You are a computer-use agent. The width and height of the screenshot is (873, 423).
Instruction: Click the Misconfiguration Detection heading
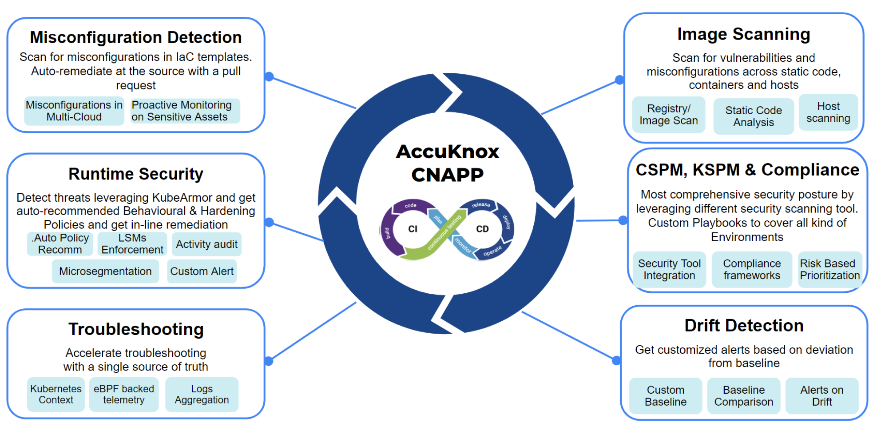[x=135, y=37]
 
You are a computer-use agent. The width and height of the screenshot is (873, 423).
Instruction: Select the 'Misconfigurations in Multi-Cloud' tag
[x=74, y=111]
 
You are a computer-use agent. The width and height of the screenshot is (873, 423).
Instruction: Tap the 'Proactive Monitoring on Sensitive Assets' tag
[x=182, y=111]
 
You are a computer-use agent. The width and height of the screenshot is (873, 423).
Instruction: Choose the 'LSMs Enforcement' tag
[x=132, y=244]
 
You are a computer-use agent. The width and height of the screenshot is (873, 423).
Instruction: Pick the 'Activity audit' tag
[x=206, y=244]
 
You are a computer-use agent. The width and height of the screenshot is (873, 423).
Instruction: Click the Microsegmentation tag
[x=105, y=271]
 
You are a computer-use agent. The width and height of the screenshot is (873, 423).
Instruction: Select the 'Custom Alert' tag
[x=202, y=271]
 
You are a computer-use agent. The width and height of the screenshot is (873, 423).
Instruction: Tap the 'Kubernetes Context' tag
[x=56, y=394]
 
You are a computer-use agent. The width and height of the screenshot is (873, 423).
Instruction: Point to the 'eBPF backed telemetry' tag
[x=124, y=394]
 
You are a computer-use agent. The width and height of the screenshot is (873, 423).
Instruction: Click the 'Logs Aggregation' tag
[x=202, y=394]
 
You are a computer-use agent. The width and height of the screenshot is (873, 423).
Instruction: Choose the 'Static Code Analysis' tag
[x=754, y=116]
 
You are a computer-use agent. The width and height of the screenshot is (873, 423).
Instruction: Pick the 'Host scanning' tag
[x=828, y=112]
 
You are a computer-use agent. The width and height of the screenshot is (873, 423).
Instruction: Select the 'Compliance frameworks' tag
[x=752, y=269]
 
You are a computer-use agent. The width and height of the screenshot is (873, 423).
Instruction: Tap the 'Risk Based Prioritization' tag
[x=829, y=269]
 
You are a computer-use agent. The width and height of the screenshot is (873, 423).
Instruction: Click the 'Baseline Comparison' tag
[x=744, y=395]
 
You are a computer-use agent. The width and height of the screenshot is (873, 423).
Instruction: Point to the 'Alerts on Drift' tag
[x=822, y=395]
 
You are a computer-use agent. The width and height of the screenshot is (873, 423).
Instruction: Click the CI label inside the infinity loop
[x=413, y=229]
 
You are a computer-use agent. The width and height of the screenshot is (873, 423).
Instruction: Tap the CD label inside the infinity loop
[x=482, y=229]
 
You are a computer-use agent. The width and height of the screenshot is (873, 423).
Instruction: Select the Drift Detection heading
[x=744, y=326]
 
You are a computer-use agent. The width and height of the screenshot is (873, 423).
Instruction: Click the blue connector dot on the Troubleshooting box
[x=269, y=361]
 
